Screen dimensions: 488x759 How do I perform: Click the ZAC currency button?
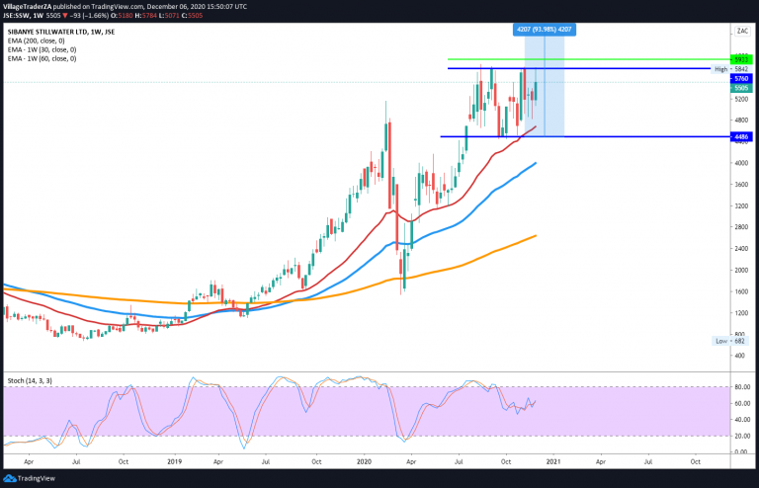[x=739, y=33]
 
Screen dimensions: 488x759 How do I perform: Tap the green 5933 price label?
[x=739, y=59]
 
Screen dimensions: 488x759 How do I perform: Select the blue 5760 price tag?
[x=739, y=78]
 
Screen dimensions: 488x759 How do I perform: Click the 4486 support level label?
[x=739, y=137]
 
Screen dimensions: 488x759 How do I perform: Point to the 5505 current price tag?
[x=739, y=89]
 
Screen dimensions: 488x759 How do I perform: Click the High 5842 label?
[x=726, y=69]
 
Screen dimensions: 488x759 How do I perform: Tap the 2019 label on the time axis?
[x=175, y=460]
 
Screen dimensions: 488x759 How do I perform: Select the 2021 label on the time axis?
[x=553, y=460]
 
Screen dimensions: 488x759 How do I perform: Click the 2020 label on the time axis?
[x=364, y=460]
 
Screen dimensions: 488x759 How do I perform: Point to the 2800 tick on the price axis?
[x=738, y=227]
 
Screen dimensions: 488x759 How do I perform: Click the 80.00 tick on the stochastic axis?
[x=738, y=386]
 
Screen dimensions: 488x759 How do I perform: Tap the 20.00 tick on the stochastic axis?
[x=738, y=436]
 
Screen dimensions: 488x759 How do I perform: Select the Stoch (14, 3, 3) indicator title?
[x=30, y=380]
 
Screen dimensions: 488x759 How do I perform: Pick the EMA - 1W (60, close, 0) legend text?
[x=55, y=58]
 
